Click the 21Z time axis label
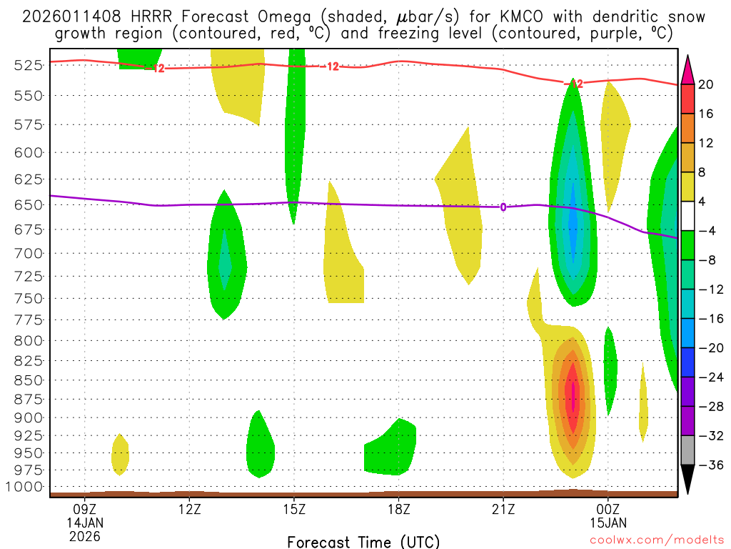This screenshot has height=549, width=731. pyautogui.click(x=503, y=510)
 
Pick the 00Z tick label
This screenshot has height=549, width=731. pyautogui.click(x=608, y=510)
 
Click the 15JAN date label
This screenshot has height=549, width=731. pyautogui.click(x=608, y=523)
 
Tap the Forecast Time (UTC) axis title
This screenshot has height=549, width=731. pyautogui.click(x=363, y=541)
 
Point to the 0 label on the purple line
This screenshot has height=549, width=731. pyautogui.click(x=503, y=207)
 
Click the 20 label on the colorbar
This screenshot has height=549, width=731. pyautogui.click(x=706, y=84)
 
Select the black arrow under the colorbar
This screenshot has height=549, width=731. pyautogui.click(x=688, y=480)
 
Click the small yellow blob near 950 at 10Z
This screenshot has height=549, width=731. pyautogui.click(x=120, y=455)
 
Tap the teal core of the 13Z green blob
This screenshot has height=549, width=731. pyautogui.click(x=225, y=262)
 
